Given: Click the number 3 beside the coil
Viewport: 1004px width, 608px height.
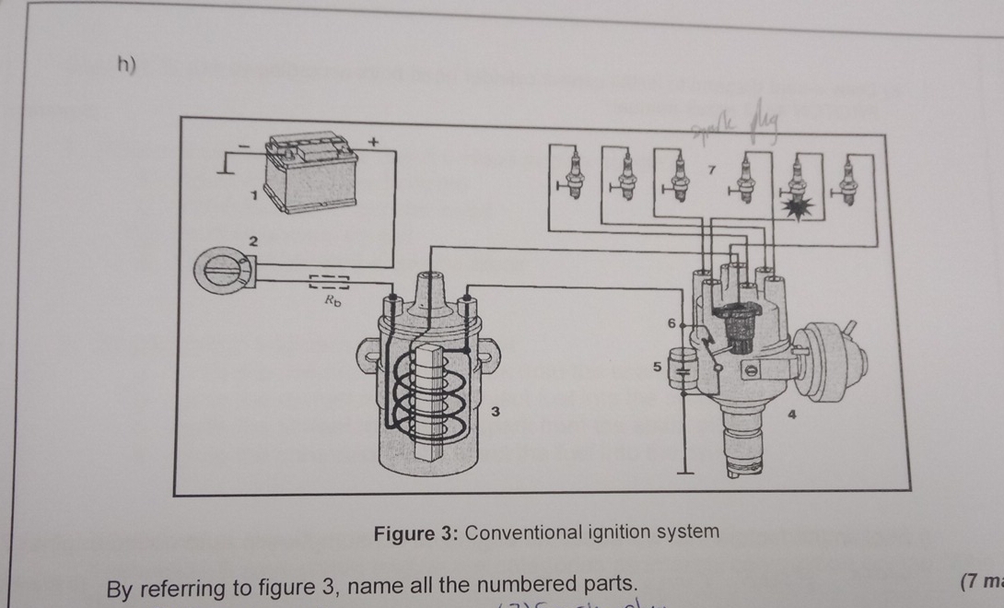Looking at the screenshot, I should point(495,411).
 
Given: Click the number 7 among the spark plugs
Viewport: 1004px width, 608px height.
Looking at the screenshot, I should point(710,170).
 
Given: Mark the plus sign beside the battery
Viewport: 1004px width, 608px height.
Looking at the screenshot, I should point(373,142).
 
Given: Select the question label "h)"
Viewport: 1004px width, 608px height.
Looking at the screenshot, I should point(127,65).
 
